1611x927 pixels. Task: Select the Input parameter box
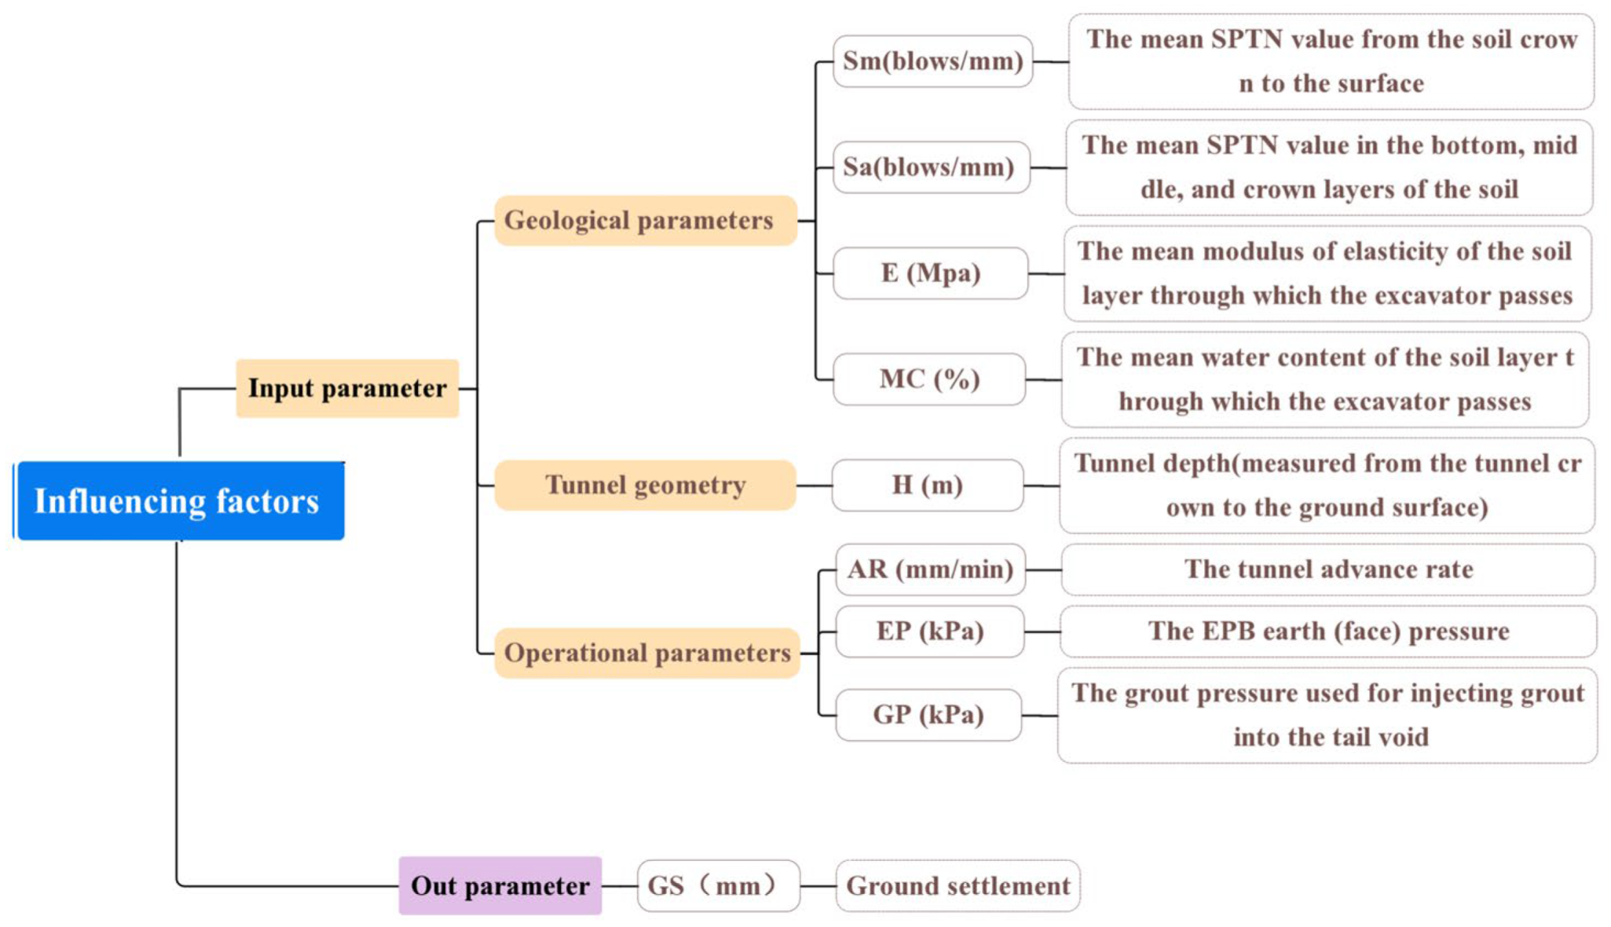[x=347, y=388]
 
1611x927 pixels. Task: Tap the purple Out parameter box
[x=500, y=885]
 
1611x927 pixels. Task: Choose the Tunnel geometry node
[x=645, y=485]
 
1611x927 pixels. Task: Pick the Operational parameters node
[x=646, y=653]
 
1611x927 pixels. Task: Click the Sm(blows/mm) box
[x=932, y=61]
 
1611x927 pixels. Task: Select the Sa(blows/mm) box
[x=930, y=167]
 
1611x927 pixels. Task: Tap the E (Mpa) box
[x=930, y=273]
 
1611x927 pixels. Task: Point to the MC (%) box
[x=928, y=379]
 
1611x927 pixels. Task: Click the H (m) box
[x=927, y=485]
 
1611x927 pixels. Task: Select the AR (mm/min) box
[x=930, y=570]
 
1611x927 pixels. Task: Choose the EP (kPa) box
[x=930, y=631]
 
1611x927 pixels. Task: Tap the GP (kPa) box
[x=928, y=715]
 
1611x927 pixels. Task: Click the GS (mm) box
[x=718, y=885]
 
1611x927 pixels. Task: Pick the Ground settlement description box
[x=957, y=885]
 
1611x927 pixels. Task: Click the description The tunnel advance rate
[x=1327, y=570]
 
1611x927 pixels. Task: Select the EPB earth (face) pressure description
[x=1327, y=631]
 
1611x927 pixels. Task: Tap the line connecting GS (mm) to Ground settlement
[x=818, y=885]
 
